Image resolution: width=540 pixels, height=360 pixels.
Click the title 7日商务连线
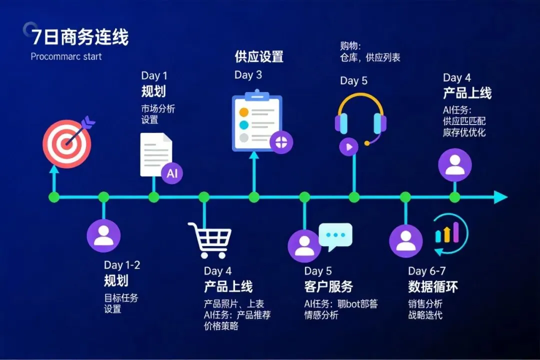click(80, 37)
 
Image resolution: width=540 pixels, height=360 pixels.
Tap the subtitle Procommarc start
click(66, 56)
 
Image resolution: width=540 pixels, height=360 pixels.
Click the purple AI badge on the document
click(172, 173)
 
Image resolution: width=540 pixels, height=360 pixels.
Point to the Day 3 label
click(248, 75)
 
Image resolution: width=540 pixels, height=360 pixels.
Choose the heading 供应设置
click(259, 56)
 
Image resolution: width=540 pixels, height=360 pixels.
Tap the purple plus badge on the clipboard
click(281, 141)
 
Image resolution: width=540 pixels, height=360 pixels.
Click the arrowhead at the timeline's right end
click(500, 197)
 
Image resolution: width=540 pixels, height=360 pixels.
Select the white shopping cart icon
click(210, 239)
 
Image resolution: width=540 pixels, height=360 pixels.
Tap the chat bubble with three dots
click(335, 236)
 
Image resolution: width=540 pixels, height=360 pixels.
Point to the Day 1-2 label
click(122, 265)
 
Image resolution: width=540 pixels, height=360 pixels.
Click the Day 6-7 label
click(426, 271)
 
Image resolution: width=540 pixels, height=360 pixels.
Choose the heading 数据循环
click(432, 286)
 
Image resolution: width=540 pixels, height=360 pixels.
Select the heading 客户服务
click(328, 286)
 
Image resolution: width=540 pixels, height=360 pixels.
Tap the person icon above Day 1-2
click(104, 235)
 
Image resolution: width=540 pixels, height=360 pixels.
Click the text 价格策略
click(221, 326)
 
